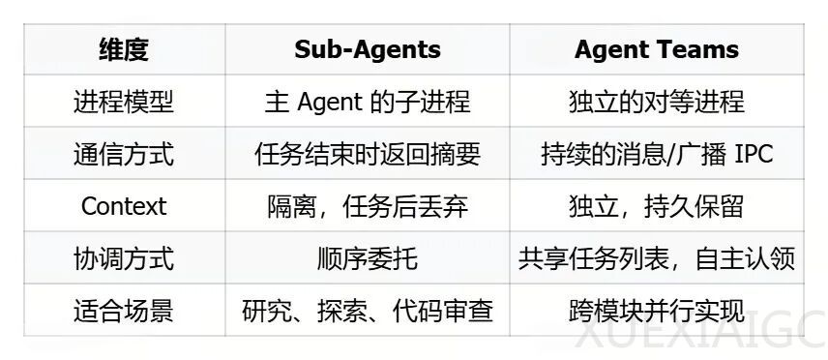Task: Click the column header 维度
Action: (124, 49)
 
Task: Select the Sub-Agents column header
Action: (367, 49)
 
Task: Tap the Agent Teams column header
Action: (656, 49)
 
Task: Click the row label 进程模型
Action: (124, 102)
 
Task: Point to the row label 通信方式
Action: (124, 154)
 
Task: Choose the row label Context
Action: (124, 206)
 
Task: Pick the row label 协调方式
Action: (124, 258)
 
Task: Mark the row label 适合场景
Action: (124, 311)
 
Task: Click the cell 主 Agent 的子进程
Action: (367, 102)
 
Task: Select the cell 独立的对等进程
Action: (656, 102)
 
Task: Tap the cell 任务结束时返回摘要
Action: (367, 154)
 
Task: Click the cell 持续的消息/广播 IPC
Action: (656, 154)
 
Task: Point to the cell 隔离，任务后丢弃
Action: (367, 206)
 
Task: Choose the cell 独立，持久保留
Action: (656, 206)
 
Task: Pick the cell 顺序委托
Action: (367, 258)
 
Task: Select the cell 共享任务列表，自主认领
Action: (656, 258)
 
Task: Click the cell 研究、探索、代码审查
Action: (367, 311)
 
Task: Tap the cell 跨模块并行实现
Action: (656, 311)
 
